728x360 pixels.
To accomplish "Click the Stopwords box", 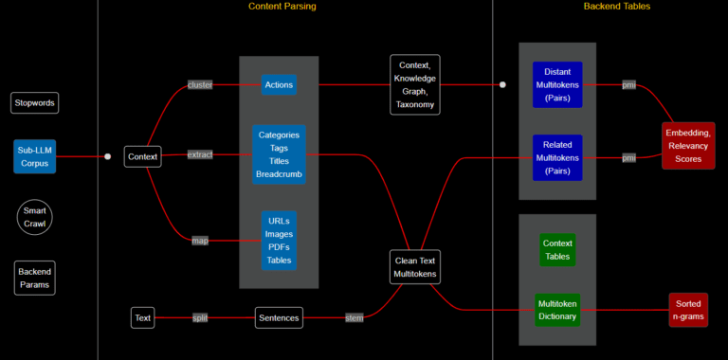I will pos(35,102).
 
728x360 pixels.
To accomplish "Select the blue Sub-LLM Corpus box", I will pos(35,156).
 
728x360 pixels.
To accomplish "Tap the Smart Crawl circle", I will pos(35,217).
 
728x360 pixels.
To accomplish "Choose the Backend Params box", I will pos(35,278).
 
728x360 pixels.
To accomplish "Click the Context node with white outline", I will pos(142,156).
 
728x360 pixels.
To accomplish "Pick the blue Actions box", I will pos(279,85).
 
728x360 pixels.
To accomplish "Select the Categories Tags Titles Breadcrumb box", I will pos(279,154).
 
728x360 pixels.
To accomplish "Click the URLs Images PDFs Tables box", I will pos(279,241).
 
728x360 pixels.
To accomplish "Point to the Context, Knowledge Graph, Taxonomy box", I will pos(415,84).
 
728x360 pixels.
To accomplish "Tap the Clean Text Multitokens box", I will pos(415,267).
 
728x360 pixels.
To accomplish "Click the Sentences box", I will pos(279,318).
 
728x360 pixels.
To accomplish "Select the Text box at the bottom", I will pos(142,318).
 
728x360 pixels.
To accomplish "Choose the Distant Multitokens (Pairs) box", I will pos(557,85).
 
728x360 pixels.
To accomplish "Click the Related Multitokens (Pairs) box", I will pos(557,157).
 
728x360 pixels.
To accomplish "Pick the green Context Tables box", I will pos(557,250).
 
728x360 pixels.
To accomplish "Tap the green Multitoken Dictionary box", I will pos(557,310).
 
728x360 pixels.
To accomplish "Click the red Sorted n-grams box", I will pos(688,310).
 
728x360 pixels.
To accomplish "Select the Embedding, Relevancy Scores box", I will pos(688,146).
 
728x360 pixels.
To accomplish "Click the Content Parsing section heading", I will pos(282,7).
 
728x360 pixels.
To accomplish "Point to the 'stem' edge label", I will pos(354,318).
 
